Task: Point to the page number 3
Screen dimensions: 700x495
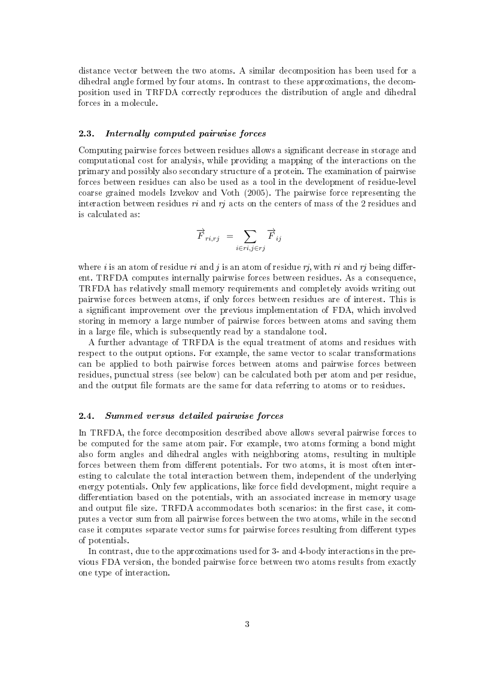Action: tap(247, 625)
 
